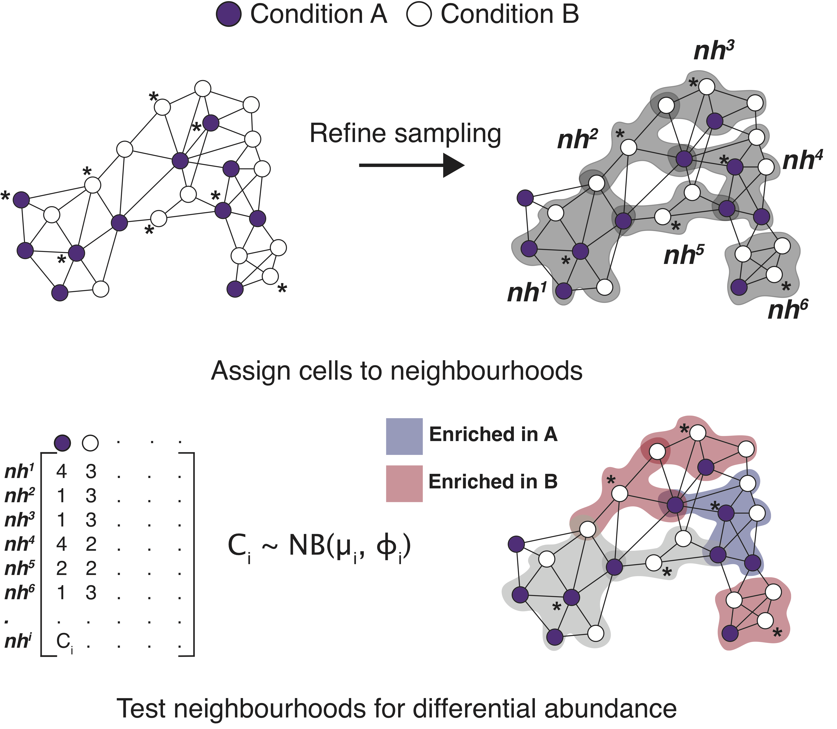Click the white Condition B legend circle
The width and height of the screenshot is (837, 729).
point(419,15)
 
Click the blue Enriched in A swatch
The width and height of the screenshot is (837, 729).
point(404,436)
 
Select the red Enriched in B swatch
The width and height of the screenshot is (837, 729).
point(404,483)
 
